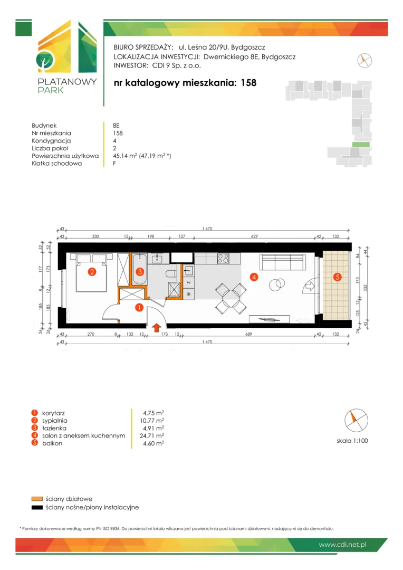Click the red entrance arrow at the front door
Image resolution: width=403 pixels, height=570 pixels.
point(156,328)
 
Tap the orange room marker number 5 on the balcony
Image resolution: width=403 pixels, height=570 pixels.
point(337,277)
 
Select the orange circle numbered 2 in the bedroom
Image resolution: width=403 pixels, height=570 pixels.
point(92,272)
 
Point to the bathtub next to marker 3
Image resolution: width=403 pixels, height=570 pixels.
point(140,269)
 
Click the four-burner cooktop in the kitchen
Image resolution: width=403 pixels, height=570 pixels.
point(223,259)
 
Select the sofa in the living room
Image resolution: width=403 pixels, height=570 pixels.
point(282,262)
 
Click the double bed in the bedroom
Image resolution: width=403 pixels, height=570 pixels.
point(92,272)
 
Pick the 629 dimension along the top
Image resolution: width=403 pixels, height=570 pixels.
point(254,236)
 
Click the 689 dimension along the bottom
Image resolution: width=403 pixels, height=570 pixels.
point(248,334)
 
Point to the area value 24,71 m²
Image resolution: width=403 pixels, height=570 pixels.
point(152,435)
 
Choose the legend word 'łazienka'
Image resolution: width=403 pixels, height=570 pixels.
point(54,428)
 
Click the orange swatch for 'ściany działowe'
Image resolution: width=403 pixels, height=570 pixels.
point(37,499)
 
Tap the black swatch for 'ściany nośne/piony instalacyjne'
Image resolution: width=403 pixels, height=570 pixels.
point(37,508)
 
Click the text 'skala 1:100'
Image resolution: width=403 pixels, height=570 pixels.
point(352,441)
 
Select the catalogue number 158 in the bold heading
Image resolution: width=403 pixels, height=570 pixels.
point(248,83)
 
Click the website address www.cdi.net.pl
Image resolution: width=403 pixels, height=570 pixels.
point(342,545)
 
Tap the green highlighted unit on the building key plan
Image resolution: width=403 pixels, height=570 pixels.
point(361,144)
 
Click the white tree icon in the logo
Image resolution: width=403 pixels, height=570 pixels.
point(45,61)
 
